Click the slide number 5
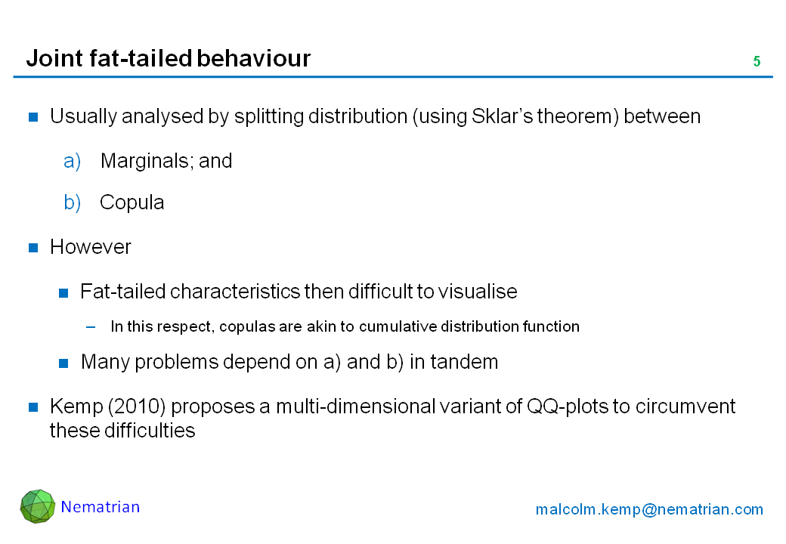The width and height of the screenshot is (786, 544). pos(757,61)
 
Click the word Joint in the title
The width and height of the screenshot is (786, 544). pos(54,59)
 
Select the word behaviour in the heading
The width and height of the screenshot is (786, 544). pos(254,58)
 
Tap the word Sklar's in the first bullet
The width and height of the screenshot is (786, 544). pos(502,116)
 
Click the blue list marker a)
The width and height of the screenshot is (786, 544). pos(73,161)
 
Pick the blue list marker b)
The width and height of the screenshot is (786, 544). pos(73,202)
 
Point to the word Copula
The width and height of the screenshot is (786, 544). pos(132,202)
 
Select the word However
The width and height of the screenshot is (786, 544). pos(90,247)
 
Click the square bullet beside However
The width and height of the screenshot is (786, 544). pos(33,248)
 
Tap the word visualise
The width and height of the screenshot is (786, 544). pos(478,292)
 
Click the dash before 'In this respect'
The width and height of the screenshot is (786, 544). pos(91,327)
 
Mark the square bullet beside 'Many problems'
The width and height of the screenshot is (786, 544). pos(63,363)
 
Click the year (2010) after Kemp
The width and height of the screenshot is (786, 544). pos(137,406)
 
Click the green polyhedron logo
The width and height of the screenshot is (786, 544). pos(38,506)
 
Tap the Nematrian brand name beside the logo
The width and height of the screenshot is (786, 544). pos(101,507)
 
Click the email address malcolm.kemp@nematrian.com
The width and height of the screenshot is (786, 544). pos(649,509)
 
